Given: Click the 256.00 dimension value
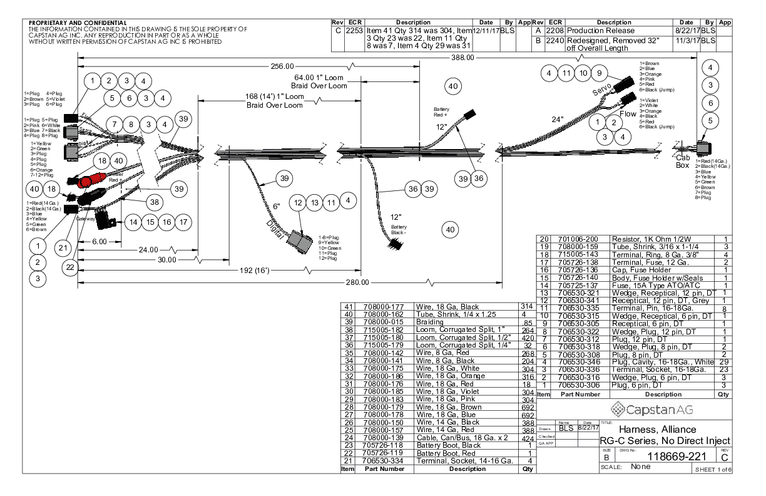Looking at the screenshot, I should pos(282,66).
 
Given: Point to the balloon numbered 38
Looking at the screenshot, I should pos(154,202).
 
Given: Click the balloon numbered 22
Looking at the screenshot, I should pos(71,267).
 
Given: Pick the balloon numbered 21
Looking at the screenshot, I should pos(63,248).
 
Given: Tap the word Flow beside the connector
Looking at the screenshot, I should pos(628,114).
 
